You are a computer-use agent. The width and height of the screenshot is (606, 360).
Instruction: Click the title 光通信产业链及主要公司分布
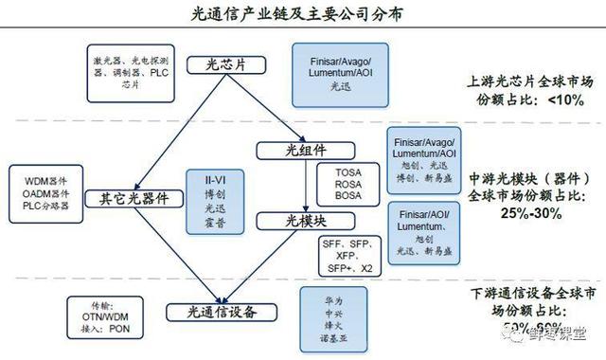click(x=302, y=13)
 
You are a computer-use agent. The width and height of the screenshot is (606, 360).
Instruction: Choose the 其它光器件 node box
click(x=134, y=199)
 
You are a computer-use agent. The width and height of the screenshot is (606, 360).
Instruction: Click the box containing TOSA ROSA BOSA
click(x=348, y=182)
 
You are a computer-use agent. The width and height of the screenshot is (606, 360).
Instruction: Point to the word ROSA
click(x=348, y=182)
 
